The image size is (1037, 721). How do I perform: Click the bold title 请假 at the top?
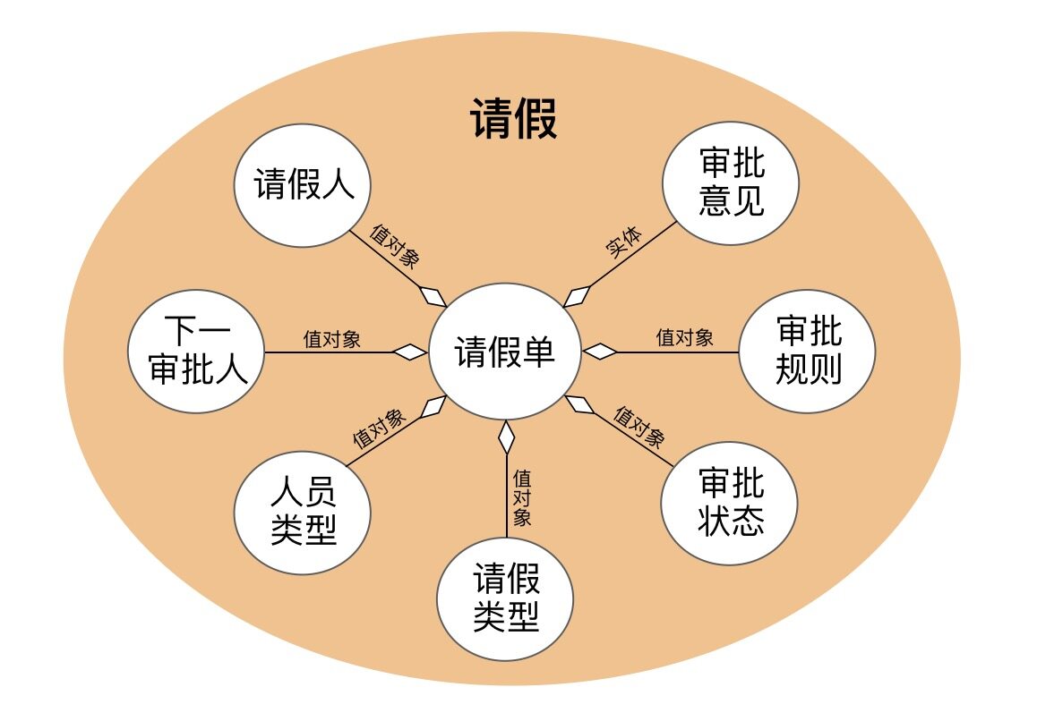point(513,120)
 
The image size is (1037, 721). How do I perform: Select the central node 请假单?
point(504,352)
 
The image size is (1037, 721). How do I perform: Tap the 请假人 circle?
point(303,186)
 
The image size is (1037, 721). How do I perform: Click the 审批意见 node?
point(731,183)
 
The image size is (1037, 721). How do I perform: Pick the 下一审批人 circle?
point(196,352)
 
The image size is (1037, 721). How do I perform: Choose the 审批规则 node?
point(807,352)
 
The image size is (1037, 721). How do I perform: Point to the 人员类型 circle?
point(303,513)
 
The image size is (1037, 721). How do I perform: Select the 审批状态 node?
point(730,503)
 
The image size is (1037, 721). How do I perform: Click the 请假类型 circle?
point(504,598)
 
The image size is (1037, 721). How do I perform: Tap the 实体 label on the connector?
point(623,242)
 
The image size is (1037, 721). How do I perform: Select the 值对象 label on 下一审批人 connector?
point(332,339)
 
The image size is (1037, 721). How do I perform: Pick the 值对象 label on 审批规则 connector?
point(684,338)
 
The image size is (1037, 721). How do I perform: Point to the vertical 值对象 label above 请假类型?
point(522,497)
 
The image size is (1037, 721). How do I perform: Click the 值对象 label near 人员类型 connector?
point(378,428)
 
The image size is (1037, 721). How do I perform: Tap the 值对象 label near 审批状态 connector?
point(638,427)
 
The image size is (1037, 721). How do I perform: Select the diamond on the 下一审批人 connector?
point(411,352)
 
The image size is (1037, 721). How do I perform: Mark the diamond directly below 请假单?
point(506,437)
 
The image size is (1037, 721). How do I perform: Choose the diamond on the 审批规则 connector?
point(600,352)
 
